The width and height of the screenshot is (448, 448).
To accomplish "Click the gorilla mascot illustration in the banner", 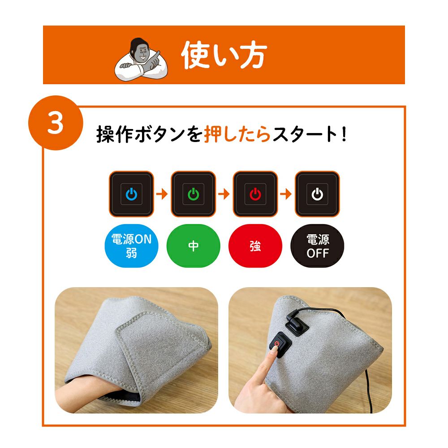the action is [x=141, y=60].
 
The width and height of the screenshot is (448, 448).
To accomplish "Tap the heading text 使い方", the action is [x=224, y=55].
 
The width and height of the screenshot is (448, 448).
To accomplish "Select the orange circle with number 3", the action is [x=56, y=123].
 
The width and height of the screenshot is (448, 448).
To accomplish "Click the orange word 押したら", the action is [x=237, y=134].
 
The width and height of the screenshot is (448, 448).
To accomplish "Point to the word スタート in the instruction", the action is [x=305, y=134].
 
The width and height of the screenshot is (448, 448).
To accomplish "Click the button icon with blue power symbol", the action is [x=131, y=194].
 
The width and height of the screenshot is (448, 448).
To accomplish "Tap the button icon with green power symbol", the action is [x=194, y=194].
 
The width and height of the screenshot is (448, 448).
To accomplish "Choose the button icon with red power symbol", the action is [x=255, y=194].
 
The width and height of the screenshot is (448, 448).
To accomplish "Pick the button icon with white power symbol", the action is [x=318, y=194].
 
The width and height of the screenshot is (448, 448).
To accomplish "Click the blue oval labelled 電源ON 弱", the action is [x=131, y=246].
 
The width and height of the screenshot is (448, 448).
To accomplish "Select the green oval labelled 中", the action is [x=194, y=246].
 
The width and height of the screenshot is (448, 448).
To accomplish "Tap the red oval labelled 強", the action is [x=255, y=246].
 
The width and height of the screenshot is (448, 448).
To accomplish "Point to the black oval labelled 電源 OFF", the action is [x=318, y=246].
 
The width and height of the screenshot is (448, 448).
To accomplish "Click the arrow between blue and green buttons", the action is [x=162, y=194].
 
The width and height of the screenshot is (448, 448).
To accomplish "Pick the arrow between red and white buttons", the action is [x=286, y=194].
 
